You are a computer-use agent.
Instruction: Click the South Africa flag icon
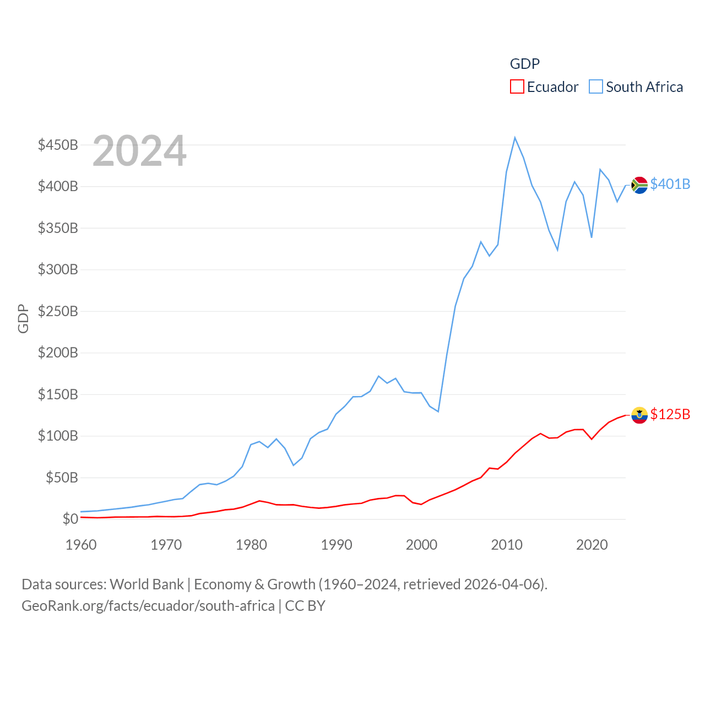pyautogui.click(x=639, y=185)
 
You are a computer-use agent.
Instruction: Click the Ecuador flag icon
pyautogui.click(x=639, y=415)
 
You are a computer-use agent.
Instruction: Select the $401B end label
pyautogui.click(x=670, y=184)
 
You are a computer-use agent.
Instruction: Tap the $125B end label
pyautogui.click(x=670, y=414)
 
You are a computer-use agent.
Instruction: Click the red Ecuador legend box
pyautogui.click(x=517, y=87)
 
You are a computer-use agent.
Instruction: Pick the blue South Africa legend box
pyautogui.click(x=596, y=87)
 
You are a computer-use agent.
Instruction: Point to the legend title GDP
pyautogui.click(x=524, y=64)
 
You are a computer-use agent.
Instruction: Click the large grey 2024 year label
pyautogui.click(x=139, y=151)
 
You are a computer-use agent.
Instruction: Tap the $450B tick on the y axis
pyautogui.click(x=58, y=145)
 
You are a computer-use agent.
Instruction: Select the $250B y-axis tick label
pyautogui.click(x=58, y=311)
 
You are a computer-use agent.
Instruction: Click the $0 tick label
pyautogui.click(x=70, y=519)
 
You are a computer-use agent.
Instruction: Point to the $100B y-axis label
pyautogui.click(x=58, y=436)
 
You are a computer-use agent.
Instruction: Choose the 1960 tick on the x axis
pyautogui.click(x=81, y=545)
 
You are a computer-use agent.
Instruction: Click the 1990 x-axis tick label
pyautogui.click(x=337, y=545)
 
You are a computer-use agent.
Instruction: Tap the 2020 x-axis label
pyautogui.click(x=592, y=545)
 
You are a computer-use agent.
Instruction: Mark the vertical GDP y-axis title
pyautogui.click(x=23, y=318)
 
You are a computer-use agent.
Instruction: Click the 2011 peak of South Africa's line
pyautogui.click(x=515, y=138)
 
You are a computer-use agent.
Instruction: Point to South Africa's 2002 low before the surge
pyautogui.click(x=438, y=411)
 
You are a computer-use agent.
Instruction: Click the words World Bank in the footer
pyautogui.click(x=147, y=584)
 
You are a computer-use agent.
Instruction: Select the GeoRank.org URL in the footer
pyautogui.click(x=148, y=606)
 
